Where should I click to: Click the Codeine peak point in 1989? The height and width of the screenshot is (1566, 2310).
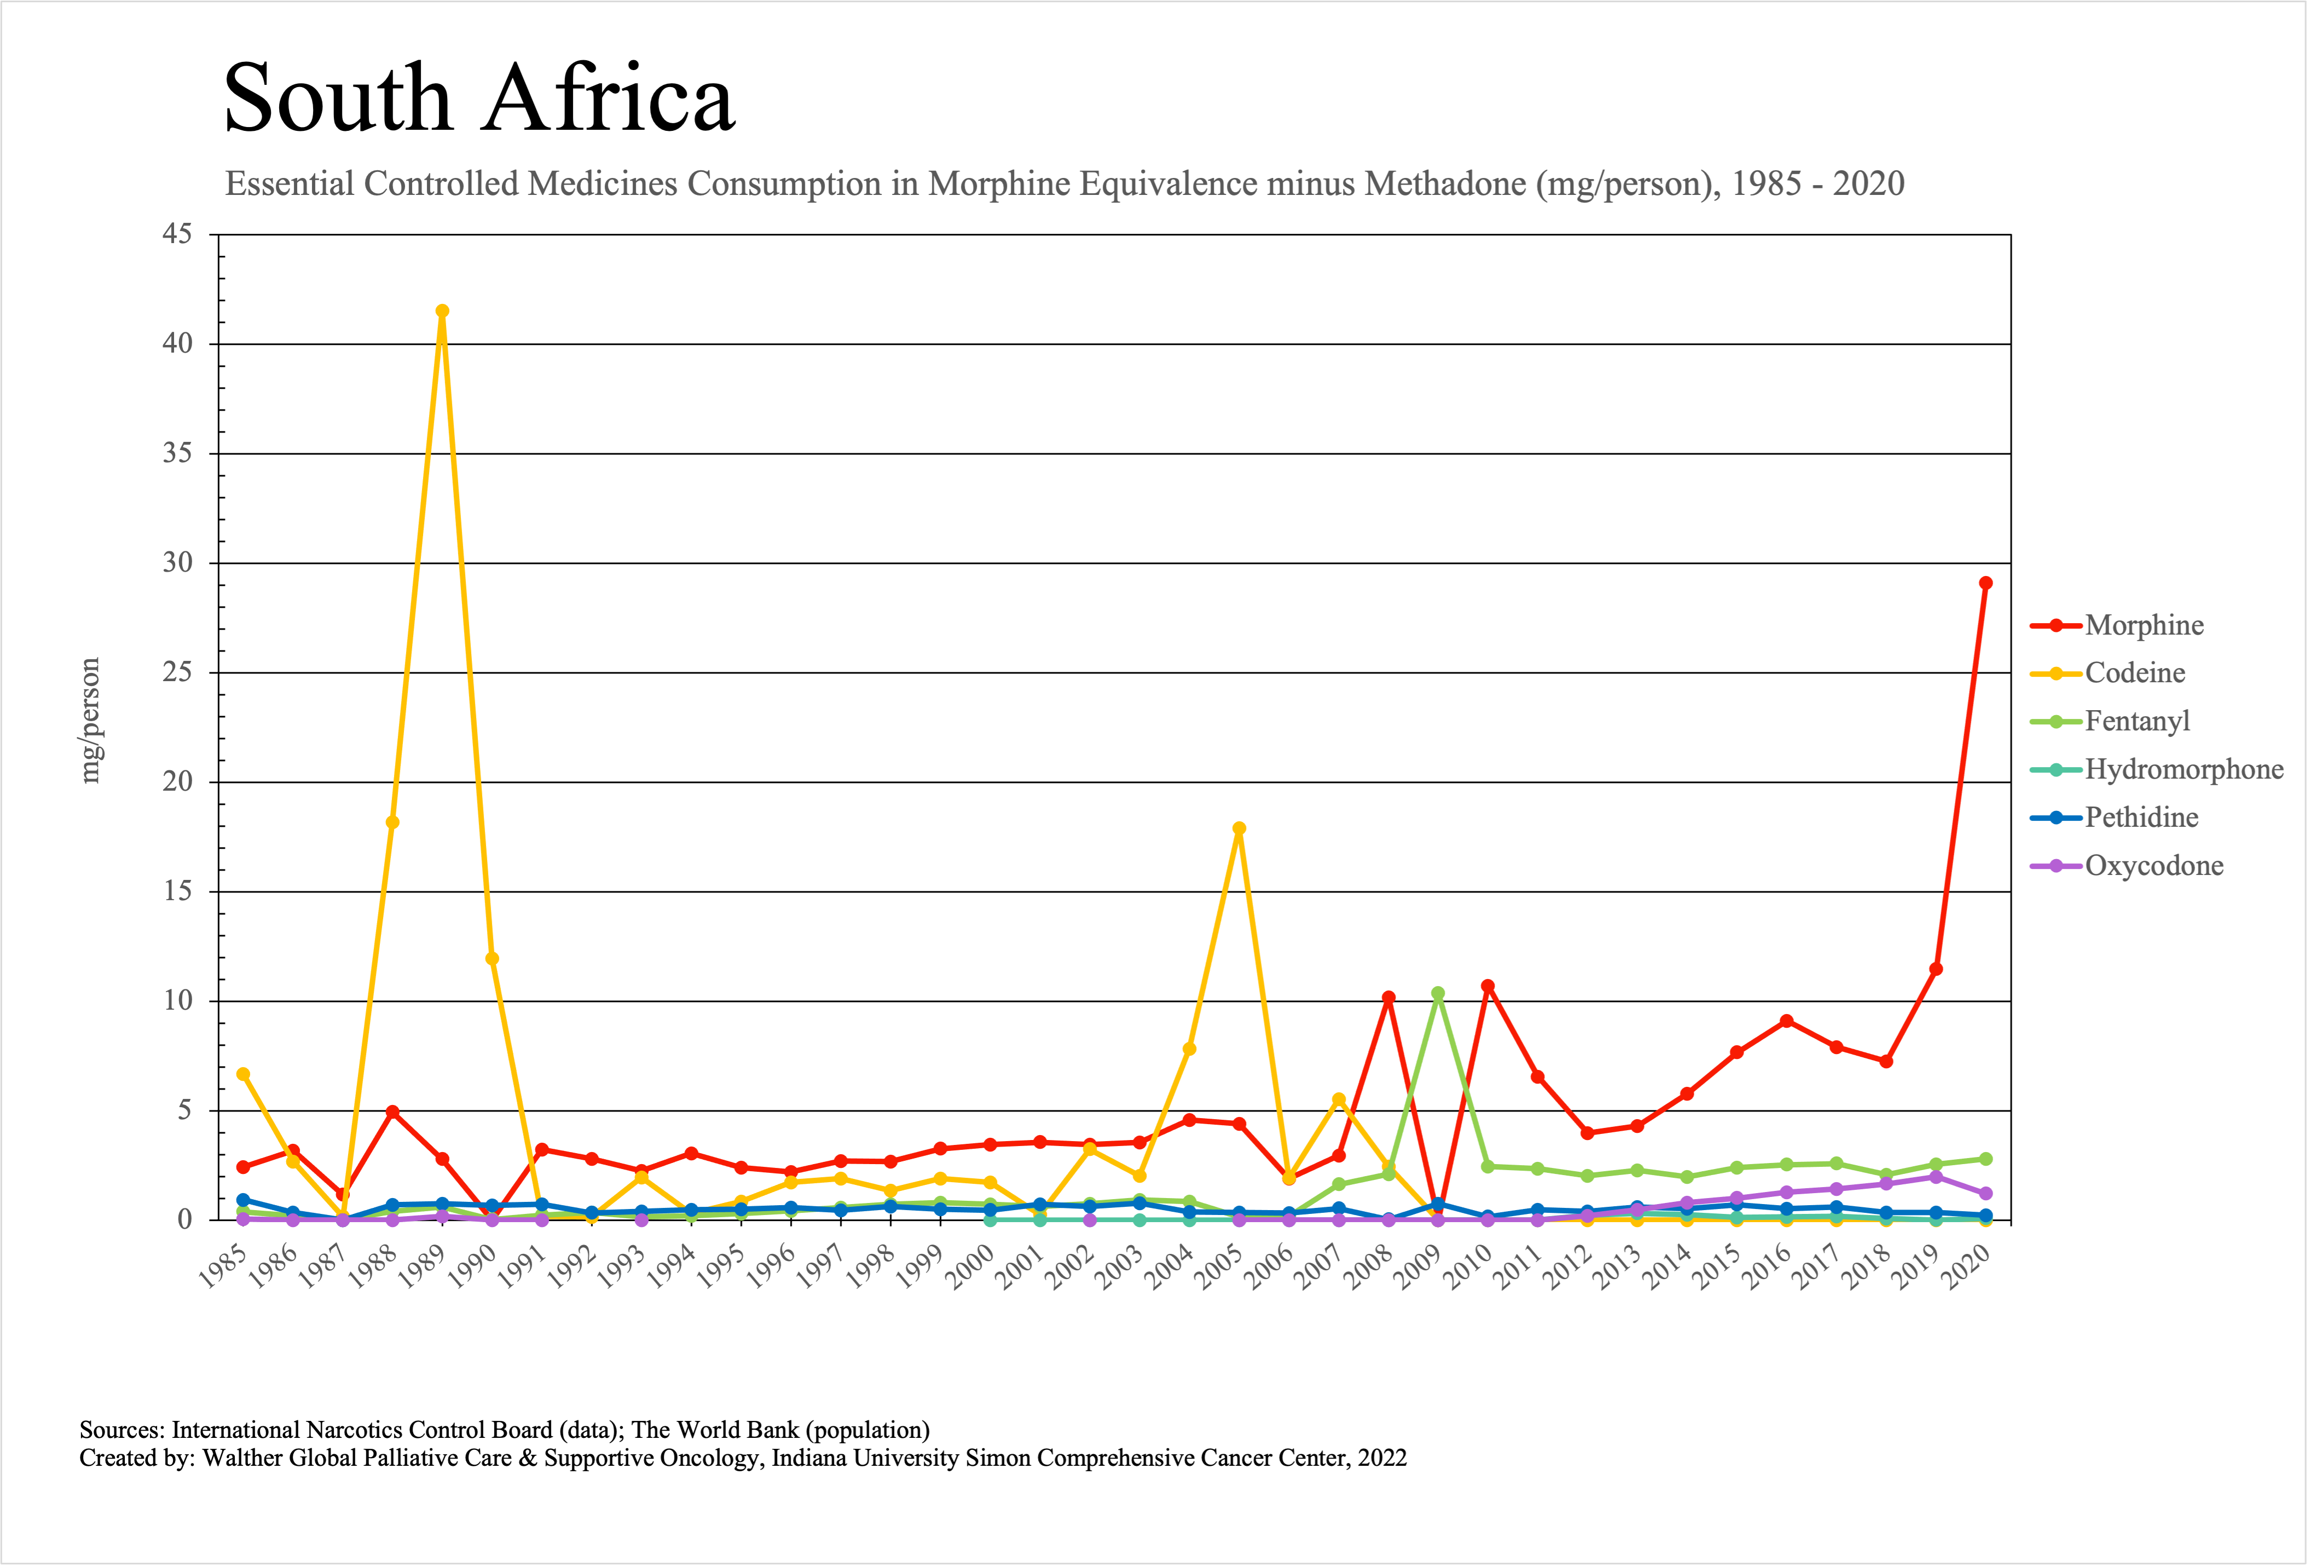(x=442, y=311)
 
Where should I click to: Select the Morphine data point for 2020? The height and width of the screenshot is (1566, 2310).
(x=1985, y=584)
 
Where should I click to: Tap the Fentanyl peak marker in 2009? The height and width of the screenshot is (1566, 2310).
(x=1437, y=993)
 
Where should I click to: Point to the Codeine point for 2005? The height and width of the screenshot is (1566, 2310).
(x=1238, y=828)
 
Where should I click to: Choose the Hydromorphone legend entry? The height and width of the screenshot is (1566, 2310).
(x=2183, y=769)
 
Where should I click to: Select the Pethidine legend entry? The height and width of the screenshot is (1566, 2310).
(x=2141, y=817)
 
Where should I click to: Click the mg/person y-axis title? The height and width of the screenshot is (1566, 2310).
(x=90, y=721)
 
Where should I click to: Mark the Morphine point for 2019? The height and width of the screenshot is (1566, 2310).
(x=1935, y=969)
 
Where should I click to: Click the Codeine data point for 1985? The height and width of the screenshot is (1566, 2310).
(x=242, y=1074)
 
